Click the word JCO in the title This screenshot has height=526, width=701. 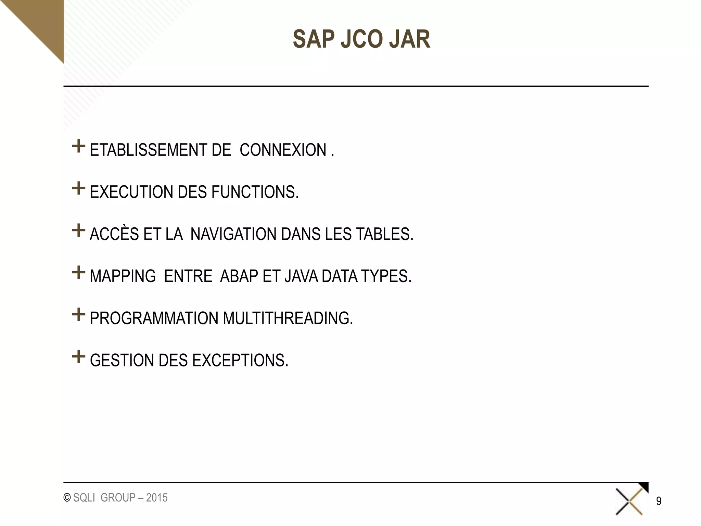point(361,39)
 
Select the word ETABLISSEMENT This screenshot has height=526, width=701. point(148,150)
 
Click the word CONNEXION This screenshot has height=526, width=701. point(283,150)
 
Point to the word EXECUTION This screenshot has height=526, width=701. point(131,192)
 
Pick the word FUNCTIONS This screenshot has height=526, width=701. point(255,192)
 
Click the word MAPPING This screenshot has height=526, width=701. point(123,276)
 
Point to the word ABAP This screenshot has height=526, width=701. point(239,276)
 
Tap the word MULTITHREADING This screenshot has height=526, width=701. point(288,318)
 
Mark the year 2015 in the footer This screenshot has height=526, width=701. point(157,498)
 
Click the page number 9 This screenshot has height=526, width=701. point(659,501)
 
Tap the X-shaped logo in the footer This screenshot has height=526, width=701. point(629,502)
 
